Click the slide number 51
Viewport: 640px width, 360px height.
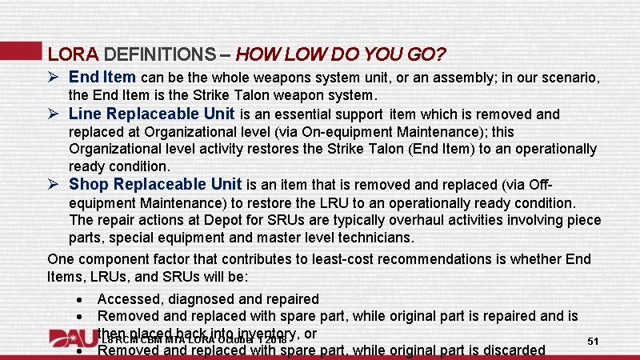[594, 342]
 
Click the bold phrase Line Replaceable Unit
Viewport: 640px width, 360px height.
[152, 114]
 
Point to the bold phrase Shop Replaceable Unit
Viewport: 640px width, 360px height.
[157, 185]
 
